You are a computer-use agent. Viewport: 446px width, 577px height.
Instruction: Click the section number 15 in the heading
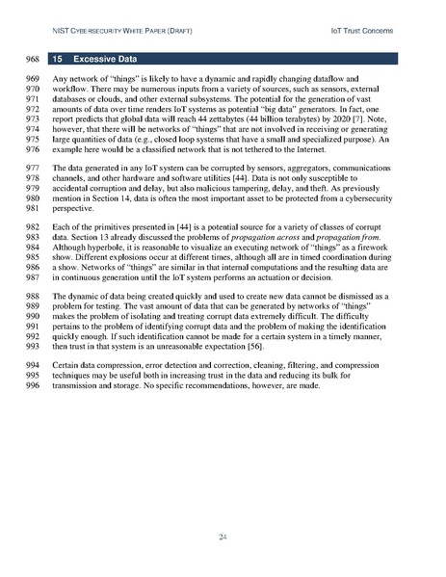coord(58,58)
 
